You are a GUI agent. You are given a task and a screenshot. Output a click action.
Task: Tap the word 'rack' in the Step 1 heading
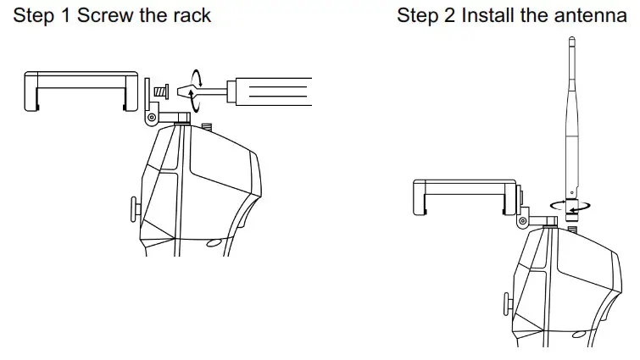pyautogui.click(x=191, y=16)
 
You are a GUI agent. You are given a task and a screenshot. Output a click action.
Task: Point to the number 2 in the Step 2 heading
pyautogui.click(x=448, y=16)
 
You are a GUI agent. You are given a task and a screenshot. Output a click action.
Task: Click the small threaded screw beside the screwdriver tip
pyautogui.click(x=162, y=90)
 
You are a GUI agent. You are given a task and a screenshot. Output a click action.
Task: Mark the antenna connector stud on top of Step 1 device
pyautogui.click(x=206, y=128)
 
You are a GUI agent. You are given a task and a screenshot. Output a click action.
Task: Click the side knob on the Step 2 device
pyautogui.click(x=505, y=302)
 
